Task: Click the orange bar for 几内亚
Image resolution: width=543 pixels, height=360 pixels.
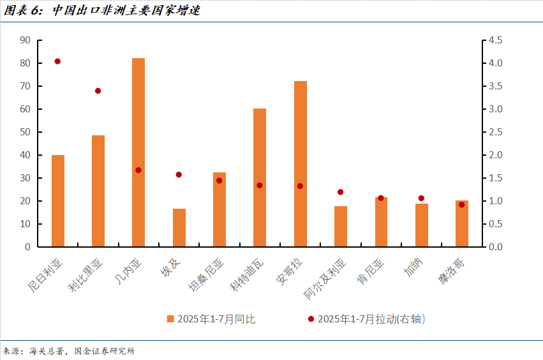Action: point(138,153)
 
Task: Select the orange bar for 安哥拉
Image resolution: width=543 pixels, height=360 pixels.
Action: point(300,164)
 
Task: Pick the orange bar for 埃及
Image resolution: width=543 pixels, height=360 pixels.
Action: point(179,228)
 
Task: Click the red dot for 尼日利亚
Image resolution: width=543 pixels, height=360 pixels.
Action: point(57,61)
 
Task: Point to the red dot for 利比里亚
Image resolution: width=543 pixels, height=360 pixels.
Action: point(98,91)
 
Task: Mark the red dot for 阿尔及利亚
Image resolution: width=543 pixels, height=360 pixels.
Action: point(340,192)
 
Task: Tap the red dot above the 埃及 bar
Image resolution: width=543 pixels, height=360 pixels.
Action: point(179,174)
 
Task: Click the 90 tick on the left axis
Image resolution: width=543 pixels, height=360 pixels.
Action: point(26,40)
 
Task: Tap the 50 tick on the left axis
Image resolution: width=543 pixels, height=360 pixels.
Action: point(26,132)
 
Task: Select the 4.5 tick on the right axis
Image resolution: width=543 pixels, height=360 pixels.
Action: point(495,40)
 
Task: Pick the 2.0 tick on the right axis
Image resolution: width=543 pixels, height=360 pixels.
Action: point(495,155)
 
